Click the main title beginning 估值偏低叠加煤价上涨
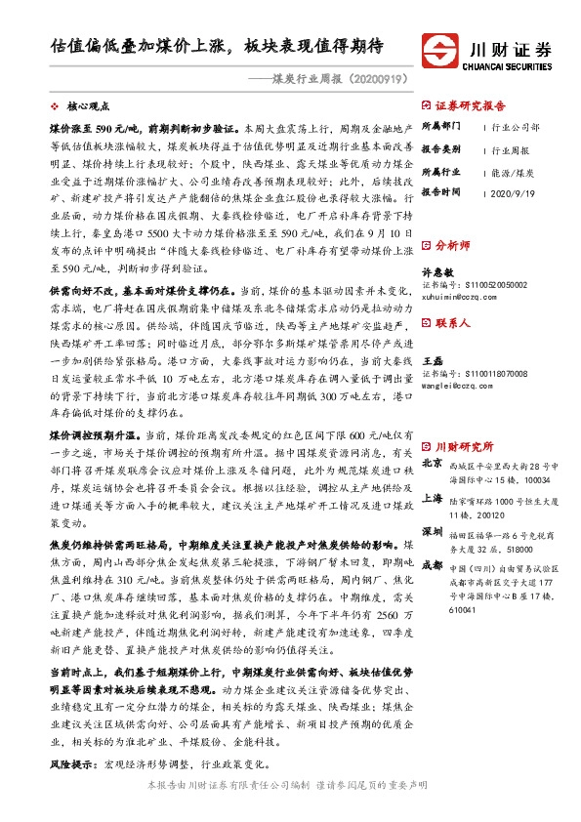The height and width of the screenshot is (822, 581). pyautogui.click(x=217, y=46)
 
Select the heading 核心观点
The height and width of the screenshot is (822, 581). pyautogui.click(x=88, y=104)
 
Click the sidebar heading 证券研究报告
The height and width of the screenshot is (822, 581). pyautogui.click(x=470, y=105)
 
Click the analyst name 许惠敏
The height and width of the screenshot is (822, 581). pyautogui.click(x=435, y=273)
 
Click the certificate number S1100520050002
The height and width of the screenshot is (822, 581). pyautogui.click(x=478, y=285)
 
